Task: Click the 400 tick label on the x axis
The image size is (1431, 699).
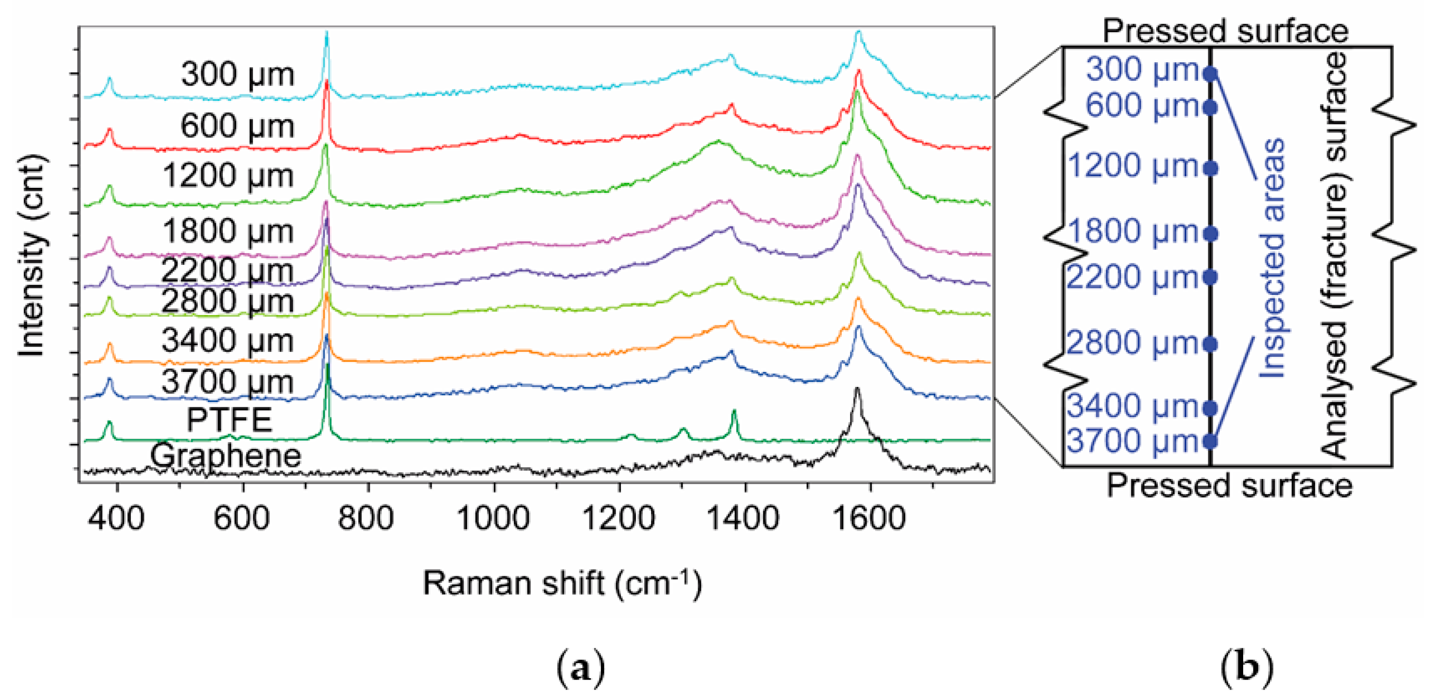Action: [x=117, y=518]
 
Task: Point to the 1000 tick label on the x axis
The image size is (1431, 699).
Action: [x=493, y=518]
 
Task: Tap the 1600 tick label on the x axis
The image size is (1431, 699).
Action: [x=869, y=518]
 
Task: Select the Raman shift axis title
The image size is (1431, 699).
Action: [x=562, y=584]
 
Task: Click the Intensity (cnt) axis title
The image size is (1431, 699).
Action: [x=32, y=256]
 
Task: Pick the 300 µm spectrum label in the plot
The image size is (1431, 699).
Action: [x=237, y=74]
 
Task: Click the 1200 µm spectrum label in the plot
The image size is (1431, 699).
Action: [x=228, y=176]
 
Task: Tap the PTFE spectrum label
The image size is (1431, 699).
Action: [x=229, y=420]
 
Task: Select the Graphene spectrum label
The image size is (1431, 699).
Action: [x=226, y=456]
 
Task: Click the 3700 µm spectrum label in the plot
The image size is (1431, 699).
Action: [x=227, y=382]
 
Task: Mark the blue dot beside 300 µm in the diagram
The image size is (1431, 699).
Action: [x=1211, y=74]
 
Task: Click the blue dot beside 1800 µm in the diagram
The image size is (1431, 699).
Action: [x=1211, y=234]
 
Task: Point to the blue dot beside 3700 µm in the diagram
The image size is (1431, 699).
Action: [x=1211, y=441]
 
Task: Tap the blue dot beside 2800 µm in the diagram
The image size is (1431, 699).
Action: [x=1211, y=345]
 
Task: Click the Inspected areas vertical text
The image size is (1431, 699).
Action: [x=1272, y=258]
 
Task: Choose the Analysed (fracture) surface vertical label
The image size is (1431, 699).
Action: [x=1333, y=256]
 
